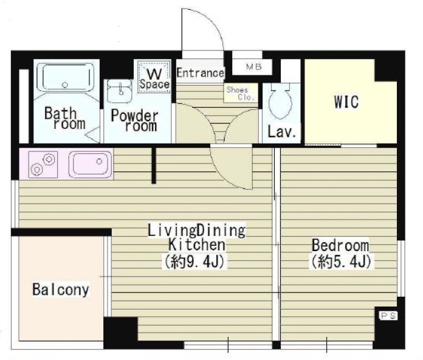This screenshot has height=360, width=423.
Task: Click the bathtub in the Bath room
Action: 65,77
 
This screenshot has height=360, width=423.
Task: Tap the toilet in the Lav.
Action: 281,102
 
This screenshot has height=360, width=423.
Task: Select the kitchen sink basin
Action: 90,165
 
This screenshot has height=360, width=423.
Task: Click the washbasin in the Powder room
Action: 119,91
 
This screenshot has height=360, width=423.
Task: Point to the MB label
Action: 253,67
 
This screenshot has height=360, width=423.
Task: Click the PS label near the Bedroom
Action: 388,316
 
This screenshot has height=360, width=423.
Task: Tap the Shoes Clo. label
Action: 240,94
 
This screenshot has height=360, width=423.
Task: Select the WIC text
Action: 346,102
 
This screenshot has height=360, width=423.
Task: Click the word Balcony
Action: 61,289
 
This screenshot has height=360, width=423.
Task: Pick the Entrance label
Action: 200,73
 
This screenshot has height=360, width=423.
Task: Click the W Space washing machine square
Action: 154,77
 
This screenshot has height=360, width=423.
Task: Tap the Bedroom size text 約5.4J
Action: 341,261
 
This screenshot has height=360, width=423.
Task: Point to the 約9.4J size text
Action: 194,261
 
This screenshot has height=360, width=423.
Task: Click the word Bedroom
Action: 340,245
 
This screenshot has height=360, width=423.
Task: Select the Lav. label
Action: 281,132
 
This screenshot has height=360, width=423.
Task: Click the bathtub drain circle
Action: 65,85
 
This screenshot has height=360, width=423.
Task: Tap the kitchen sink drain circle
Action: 99,162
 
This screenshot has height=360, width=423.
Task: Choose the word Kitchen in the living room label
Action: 197,245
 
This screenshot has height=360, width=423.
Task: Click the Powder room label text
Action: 134,120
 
